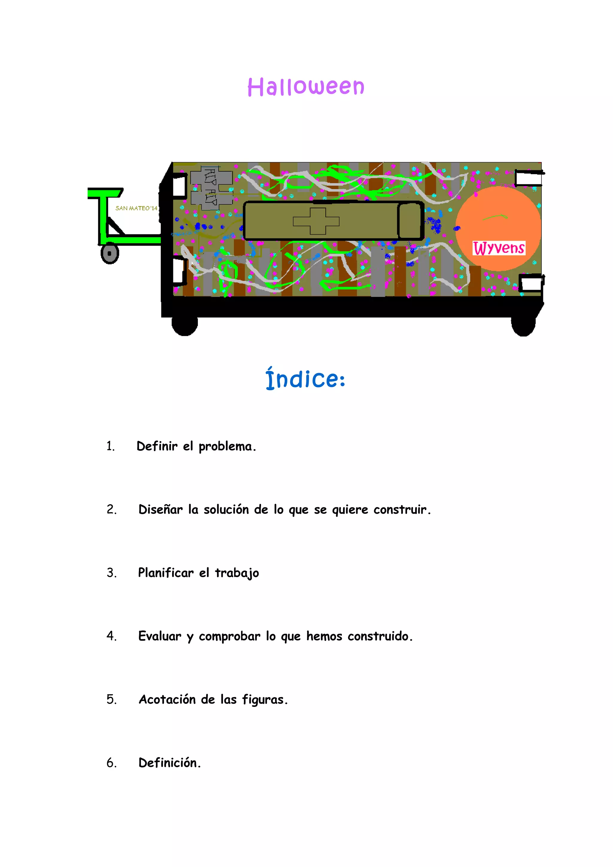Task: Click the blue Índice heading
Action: [305, 379]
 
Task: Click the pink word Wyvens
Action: [499, 248]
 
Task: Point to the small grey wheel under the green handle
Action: [110, 253]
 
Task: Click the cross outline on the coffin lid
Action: [316, 221]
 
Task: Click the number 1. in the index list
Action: [110, 446]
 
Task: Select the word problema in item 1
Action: [227, 446]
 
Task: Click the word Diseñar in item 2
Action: [160, 509]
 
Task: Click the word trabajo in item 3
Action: [237, 573]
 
